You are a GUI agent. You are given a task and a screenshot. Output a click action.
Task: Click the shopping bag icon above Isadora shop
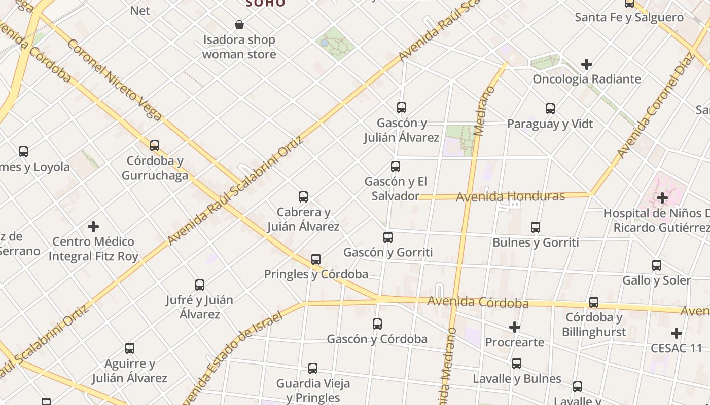[239, 24]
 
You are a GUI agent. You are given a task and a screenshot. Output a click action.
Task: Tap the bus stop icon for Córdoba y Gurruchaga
[155, 146]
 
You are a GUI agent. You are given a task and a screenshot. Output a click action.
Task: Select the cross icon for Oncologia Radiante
[587, 64]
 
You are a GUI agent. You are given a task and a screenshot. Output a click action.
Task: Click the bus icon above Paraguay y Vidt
[550, 109]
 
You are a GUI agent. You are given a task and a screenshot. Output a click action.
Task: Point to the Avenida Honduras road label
[510, 196]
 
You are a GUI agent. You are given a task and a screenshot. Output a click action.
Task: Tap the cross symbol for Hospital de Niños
[662, 198]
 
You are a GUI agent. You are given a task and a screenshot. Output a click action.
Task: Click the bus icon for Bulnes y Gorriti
[536, 227]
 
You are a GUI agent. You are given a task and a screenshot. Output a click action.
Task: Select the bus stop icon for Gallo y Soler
[657, 265]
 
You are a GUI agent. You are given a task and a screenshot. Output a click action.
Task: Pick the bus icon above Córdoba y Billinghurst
[594, 302]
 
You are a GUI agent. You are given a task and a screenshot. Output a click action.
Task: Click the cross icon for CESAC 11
[676, 333]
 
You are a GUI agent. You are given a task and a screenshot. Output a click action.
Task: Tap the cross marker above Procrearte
[515, 327]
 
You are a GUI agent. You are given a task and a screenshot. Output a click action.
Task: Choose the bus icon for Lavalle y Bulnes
[517, 363]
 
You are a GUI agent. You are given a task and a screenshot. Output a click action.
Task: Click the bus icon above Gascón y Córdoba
[377, 324]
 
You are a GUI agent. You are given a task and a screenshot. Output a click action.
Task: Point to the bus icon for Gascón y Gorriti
[388, 237]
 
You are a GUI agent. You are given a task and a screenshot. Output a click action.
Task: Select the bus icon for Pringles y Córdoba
[316, 259]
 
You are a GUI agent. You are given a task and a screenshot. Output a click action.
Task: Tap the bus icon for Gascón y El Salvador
[396, 167]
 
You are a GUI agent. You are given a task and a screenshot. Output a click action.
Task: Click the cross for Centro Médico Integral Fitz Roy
[93, 226]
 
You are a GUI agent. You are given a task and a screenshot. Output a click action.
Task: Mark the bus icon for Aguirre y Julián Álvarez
[130, 348]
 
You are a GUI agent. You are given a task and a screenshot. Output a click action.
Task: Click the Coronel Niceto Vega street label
[114, 80]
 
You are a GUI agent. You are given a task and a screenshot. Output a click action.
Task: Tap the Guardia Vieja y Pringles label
[313, 390]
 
